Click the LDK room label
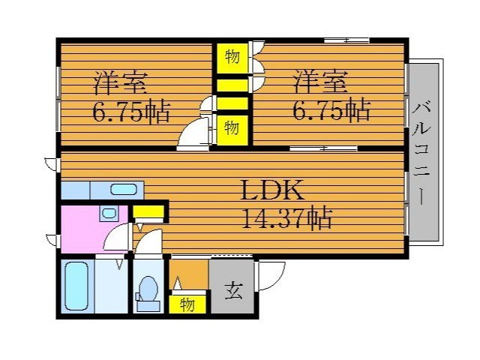[x=272, y=190]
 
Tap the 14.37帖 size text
[x=286, y=218]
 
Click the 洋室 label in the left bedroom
[x=120, y=82]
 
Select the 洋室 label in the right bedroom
[x=320, y=82]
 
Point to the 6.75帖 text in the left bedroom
[x=131, y=111]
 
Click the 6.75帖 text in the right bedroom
[x=331, y=109]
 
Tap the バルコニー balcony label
[x=422, y=152]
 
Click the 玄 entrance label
[x=233, y=291]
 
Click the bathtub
[x=76, y=286]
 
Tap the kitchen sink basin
[x=123, y=190]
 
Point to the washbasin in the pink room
[x=109, y=213]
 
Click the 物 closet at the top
[x=232, y=58]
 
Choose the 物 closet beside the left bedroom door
[x=232, y=129]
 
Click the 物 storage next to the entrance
[x=187, y=304]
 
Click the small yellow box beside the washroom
[x=148, y=211]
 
